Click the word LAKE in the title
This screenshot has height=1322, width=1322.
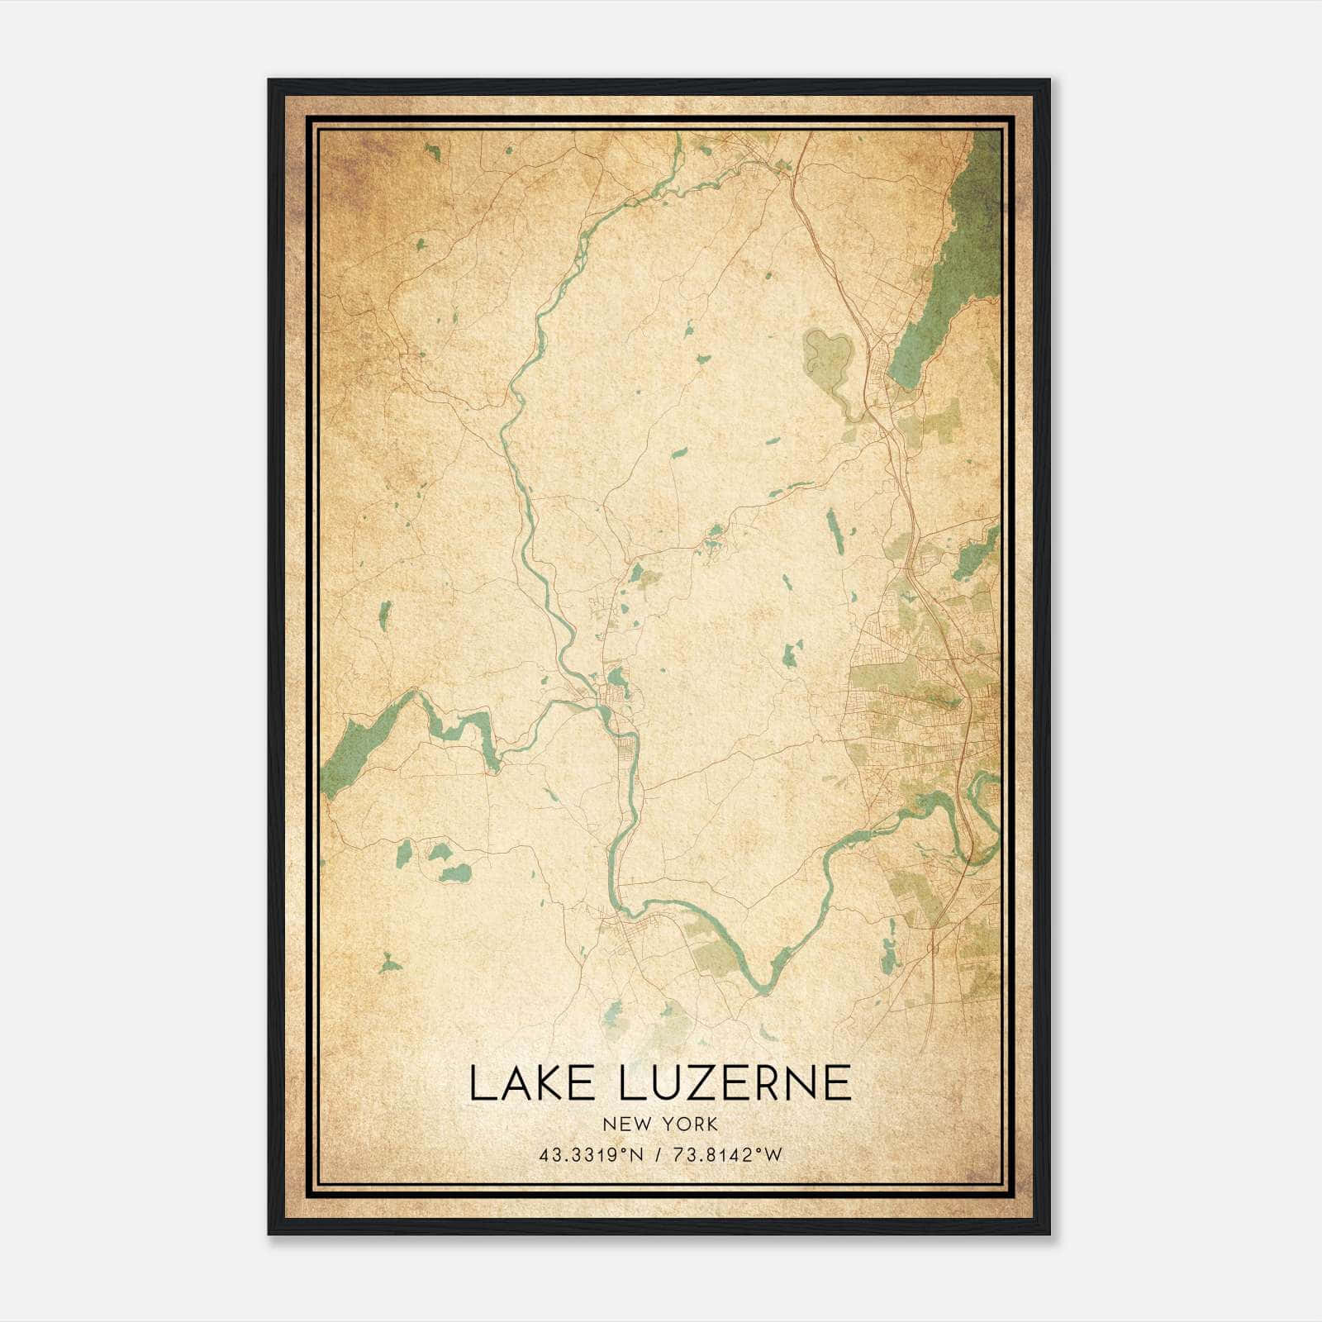pos(525,1083)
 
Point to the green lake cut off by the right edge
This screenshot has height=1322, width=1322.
pos(977,549)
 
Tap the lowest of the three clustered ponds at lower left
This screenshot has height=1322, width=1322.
pos(455,873)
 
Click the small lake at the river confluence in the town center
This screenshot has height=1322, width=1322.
pos(616,680)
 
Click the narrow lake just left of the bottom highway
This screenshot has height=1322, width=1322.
pos(888,956)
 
